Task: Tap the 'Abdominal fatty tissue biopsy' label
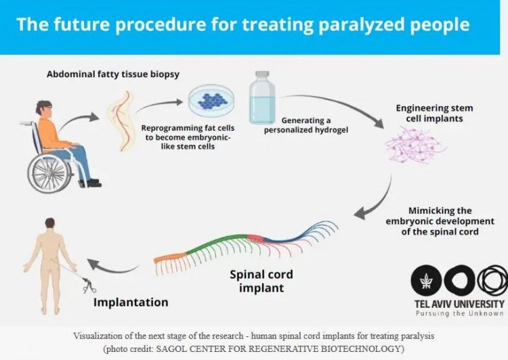(x=113, y=74)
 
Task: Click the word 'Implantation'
(x=131, y=302)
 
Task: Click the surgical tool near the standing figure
(x=86, y=284)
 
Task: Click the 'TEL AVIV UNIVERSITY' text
(x=459, y=304)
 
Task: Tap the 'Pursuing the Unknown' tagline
(x=459, y=313)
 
